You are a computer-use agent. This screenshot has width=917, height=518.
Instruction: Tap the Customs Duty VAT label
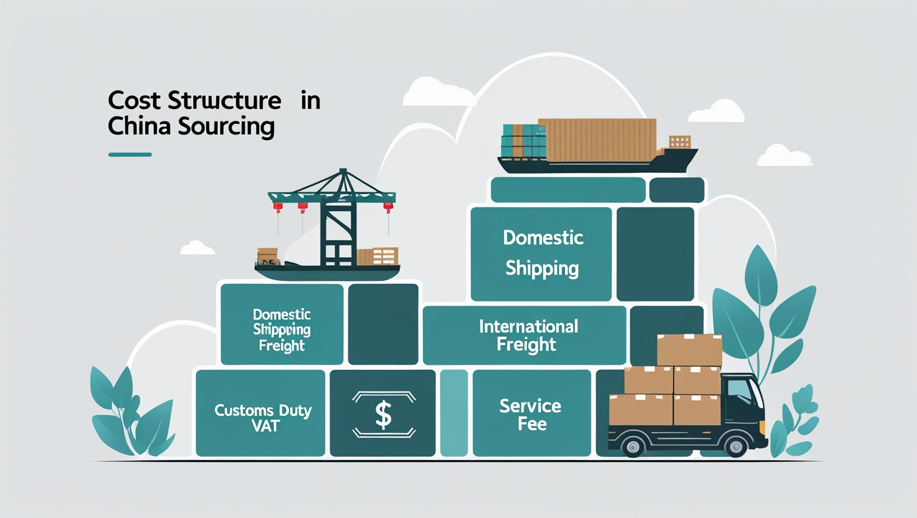[x=263, y=418]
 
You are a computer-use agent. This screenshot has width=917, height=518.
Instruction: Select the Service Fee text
[x=531, y=415]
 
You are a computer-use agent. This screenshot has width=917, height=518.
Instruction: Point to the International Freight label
[x=528, y=335]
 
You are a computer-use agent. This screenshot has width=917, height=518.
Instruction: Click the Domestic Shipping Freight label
[x=282, y=330]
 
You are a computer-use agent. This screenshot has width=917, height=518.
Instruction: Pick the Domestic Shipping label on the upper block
[x=543, y=253]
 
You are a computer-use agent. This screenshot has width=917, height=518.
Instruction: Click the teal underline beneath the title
[x=130, y=154]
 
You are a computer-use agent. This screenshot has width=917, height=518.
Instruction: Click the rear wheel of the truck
[x=633, y=446]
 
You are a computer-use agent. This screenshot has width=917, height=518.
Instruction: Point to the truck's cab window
[x=740, y=390]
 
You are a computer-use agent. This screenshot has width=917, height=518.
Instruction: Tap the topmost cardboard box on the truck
[x=690, y=349]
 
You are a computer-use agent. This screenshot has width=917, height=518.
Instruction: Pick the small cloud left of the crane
[x=197, y=248]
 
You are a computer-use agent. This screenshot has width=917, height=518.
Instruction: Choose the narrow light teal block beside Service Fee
[x=454, y=413]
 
